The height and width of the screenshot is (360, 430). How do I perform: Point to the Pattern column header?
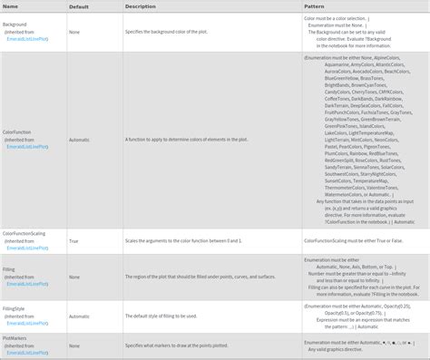pyautogui.click(x=315, y=6)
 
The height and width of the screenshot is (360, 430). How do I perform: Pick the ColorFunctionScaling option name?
pyautogui.click(x=24, y=233)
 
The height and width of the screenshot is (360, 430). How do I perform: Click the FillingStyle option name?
pyautogui.click(x=15, y=309)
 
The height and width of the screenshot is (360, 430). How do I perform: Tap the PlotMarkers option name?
pyautogui.click(x=16, y=337)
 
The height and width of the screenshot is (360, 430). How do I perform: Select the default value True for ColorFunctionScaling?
pyautogui.click(x=73, y=240)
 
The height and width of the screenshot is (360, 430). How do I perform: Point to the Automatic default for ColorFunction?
pyautogui.click(x=79, y=140)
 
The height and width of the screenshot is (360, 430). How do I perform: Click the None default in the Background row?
pyautogui.click(x=73, y=32)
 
